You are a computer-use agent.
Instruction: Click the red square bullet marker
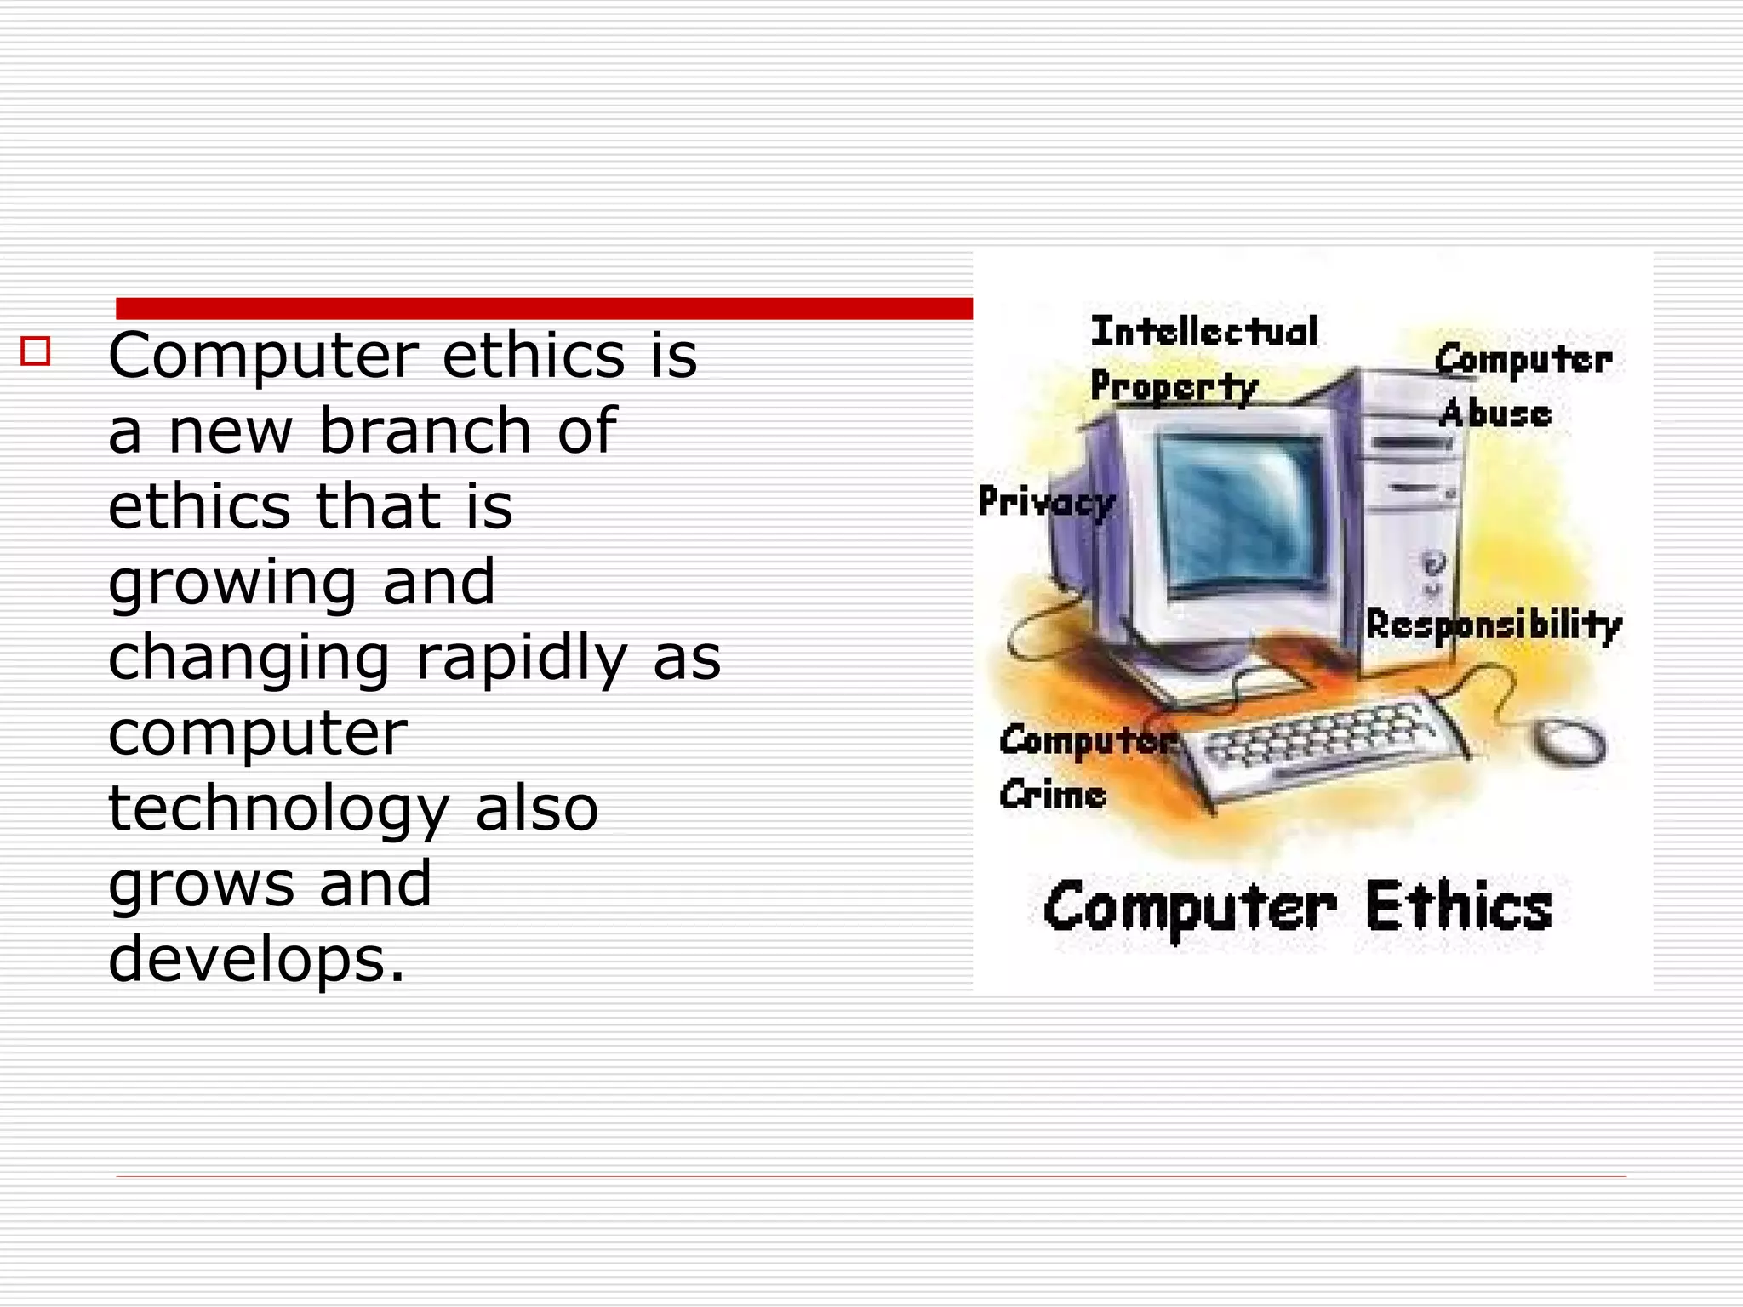click(x=36, y=351)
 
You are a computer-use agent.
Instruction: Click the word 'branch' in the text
click(x=426, y=431)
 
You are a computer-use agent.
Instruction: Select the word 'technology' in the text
click(x=278, y=809)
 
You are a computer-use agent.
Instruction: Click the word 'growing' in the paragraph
click(x=231, y=584)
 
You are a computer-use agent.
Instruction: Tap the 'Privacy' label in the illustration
click(x=1046, y=502)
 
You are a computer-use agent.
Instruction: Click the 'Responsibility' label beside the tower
click(x=1494, y=625)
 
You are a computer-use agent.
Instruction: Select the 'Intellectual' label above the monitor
click(x=1204, y=332)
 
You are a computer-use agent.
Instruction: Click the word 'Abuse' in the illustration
click(x=1495, y=414)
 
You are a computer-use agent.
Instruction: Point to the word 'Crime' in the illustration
click(x=1053, y=796)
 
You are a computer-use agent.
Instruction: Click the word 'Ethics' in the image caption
click(x=1459, y=907)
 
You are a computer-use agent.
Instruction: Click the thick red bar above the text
click(x=545, y=308)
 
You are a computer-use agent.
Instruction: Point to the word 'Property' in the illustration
click(x=1174, y=387)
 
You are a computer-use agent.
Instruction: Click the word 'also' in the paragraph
click(x=536, y=809)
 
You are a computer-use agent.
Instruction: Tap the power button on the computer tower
click(x=1433, y=563)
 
